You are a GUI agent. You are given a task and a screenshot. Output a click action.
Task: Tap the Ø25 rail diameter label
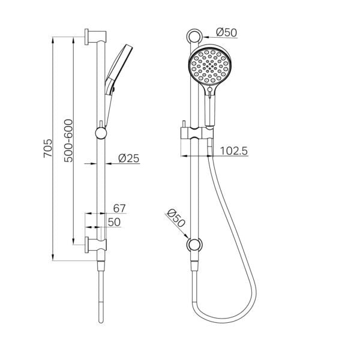(128, 158)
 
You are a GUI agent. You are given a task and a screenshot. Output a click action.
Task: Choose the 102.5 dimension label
(233, 151)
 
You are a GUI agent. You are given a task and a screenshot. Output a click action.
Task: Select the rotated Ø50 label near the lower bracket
(176, 218)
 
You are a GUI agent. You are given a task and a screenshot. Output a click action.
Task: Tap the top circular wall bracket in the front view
(193, 36)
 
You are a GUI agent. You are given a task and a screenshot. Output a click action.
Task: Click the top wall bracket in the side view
(92, 36)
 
